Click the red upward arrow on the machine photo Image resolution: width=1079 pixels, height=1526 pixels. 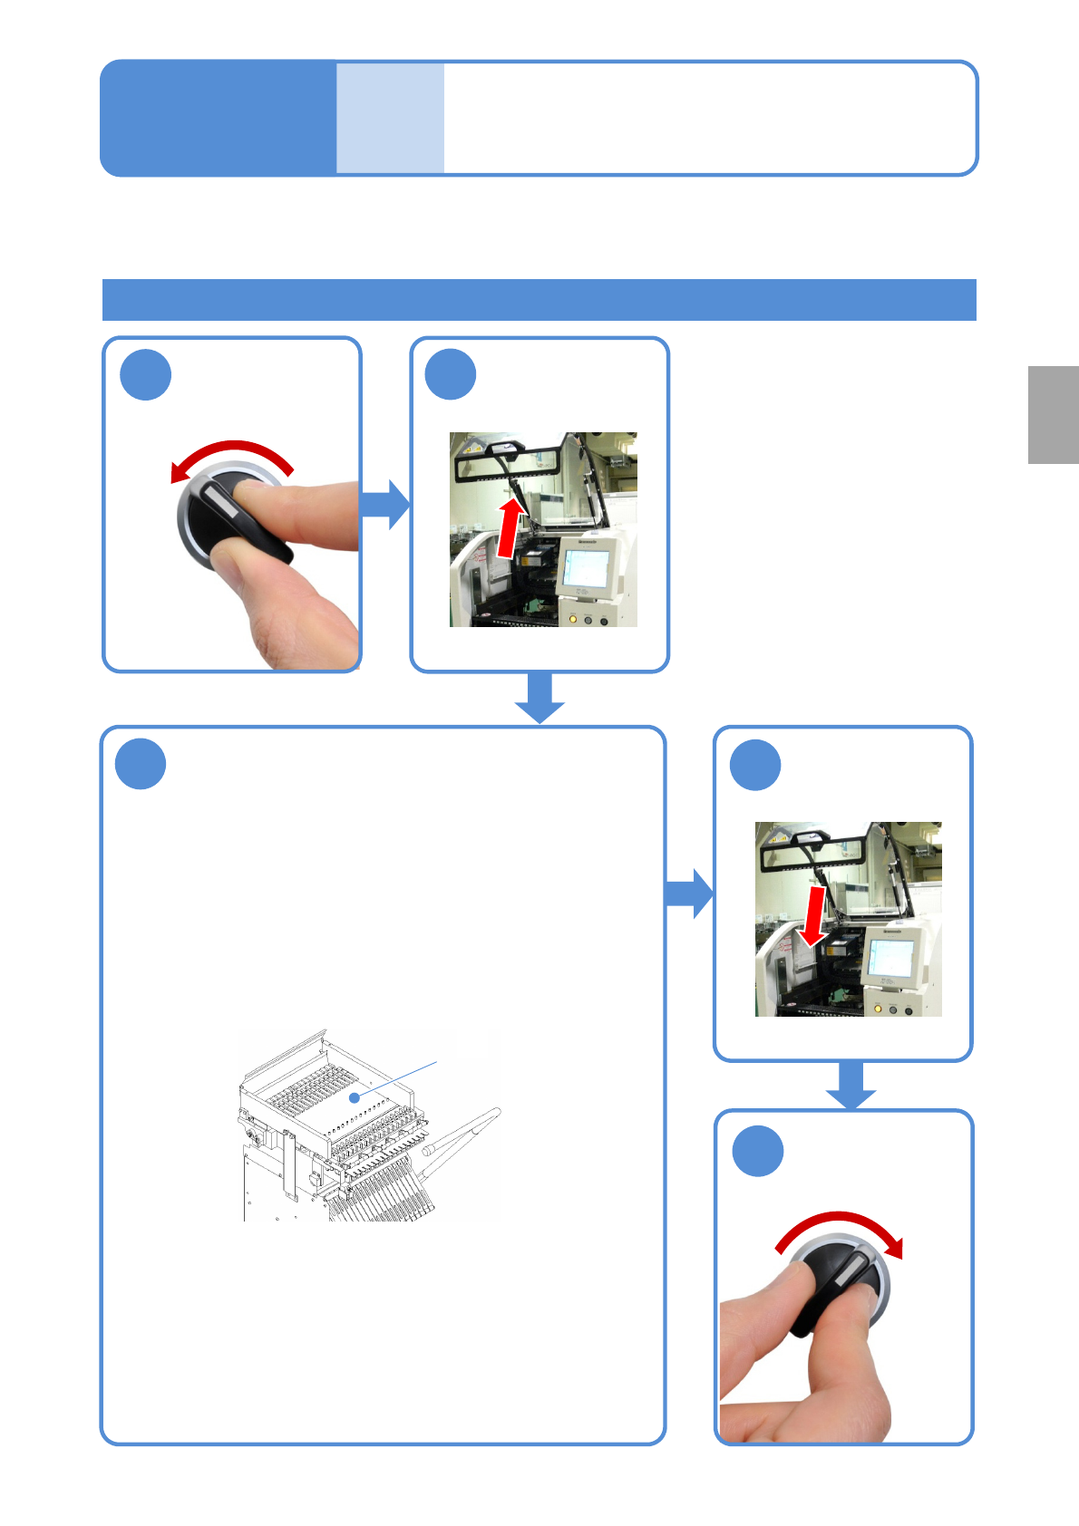click(x=511, y=529)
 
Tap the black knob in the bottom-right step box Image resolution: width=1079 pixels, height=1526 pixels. click(x=839, y=1287)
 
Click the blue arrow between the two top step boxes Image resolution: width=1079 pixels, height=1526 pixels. click(x=385, y=505)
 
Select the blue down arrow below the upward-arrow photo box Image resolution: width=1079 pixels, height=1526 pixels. click(x=539, y=698)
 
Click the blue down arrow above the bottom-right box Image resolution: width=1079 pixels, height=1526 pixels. click(x=851, y=1085)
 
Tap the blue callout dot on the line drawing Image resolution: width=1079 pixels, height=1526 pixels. click(x=355, y=1097)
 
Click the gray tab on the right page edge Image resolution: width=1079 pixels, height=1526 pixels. click(x=1053, y=415)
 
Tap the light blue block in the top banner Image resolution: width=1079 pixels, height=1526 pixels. click(x=390, y=118)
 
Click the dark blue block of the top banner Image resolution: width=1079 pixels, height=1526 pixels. click(x=218, y=118)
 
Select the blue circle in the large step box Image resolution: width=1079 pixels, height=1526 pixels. click(x=141, y=764)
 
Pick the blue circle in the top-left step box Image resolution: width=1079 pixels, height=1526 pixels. click(x=146, y=375)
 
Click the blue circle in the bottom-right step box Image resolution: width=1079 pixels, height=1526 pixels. click(x=757, y=1151)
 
